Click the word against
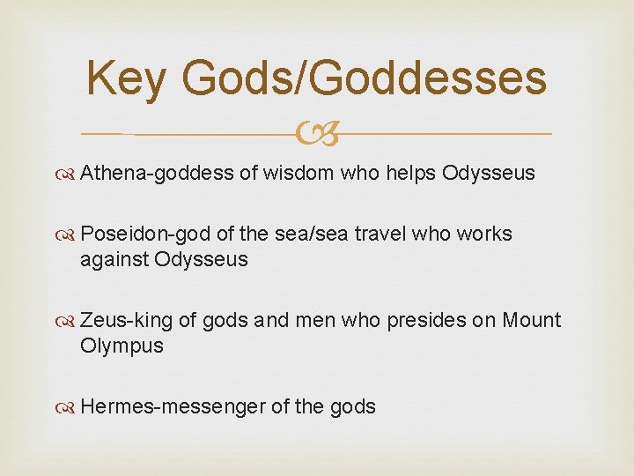(114, 260)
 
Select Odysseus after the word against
(202, 260)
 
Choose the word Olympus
(122, 346)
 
